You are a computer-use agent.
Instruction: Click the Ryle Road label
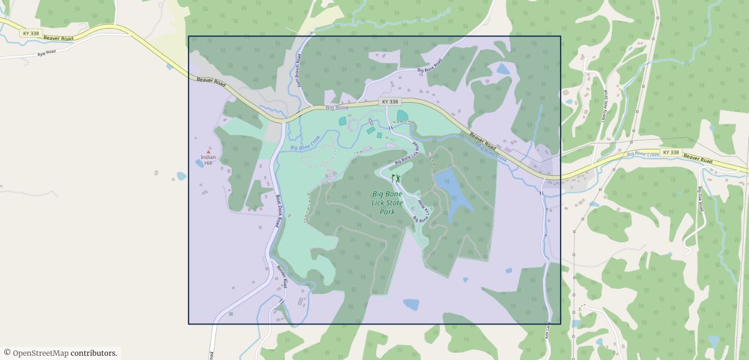tap(46, 53)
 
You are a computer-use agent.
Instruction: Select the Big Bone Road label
tap(430, 65)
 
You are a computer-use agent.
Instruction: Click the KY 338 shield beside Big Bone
tap(390, 102)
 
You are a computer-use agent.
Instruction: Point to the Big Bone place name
tap(337, 108)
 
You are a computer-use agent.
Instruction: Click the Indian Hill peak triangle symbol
tap(209, 152)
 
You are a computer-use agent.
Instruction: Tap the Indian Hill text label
tap(208, 160)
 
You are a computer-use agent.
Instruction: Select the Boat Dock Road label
tap(278, 209)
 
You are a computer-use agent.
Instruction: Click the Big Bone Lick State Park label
tap(387, 203)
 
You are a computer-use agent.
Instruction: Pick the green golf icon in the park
tap(396, 178)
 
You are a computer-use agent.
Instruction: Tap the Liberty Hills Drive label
tap(605, 106)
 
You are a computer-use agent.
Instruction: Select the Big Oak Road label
tap(700, 198)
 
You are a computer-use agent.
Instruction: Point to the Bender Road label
tap(282, 275)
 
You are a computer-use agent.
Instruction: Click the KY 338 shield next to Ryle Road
tap(31, 34)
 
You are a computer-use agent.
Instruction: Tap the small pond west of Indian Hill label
tap(181, 176)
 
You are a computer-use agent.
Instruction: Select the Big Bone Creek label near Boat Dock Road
tap(306, 143)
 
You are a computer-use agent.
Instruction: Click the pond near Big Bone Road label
tap(502, 69)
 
